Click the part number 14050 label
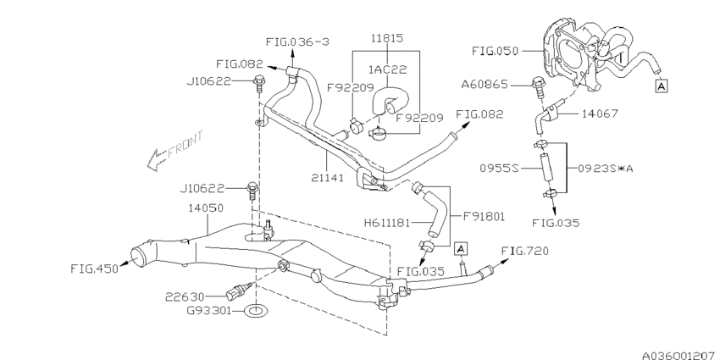click(206, 208)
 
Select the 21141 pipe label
click(327, 177)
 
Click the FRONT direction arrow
click(176, 150)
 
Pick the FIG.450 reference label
click(94, 269)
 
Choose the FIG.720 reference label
click(525, 251)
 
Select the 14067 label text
click(600, 113)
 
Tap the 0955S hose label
click(499, 168)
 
